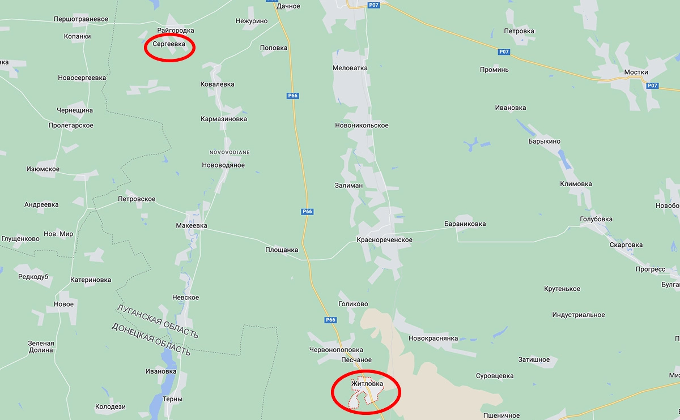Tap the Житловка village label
tap(367, 384)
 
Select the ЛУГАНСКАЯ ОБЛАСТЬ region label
tap(157, 322)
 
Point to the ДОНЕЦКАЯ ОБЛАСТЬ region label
tap(151, 339)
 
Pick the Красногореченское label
tap(384, 240)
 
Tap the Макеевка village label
tap(192, 226)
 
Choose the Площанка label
tap(282, 250)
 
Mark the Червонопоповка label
tap(336, 350)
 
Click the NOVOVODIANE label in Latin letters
tap(229, 152)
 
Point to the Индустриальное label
tap(578, 315)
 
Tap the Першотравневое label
tap(81, 19)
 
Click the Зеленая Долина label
tap(41, 346)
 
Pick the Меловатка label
tap(350, 68)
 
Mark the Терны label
tap(172, 399)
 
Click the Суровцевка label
tap(494, 376)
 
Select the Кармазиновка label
tap(224, 119)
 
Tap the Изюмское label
tap(43, 169)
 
